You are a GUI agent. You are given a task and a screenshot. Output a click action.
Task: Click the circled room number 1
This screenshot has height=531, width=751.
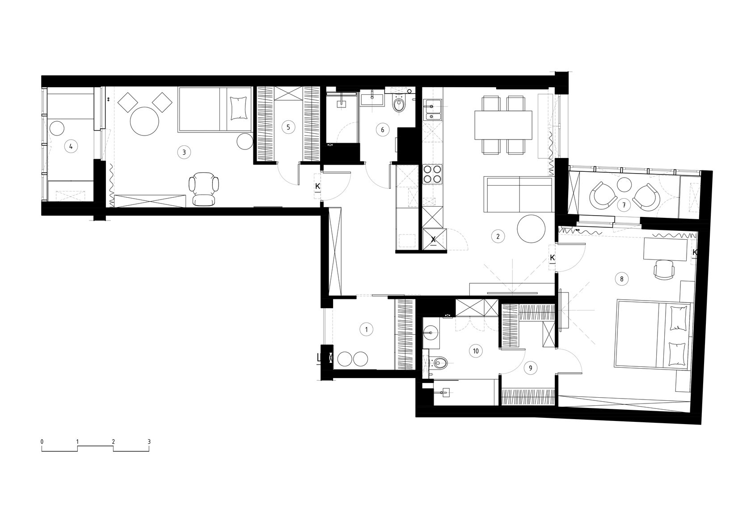366,329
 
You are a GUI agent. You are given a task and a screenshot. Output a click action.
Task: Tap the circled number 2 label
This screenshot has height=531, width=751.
498,237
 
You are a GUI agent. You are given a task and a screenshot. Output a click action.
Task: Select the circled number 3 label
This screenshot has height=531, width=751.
184,152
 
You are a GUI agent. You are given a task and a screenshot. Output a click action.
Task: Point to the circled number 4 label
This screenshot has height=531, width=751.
71,146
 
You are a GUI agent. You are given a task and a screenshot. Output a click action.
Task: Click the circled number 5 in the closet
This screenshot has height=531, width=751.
288,127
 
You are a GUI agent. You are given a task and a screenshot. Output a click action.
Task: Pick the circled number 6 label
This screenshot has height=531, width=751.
383,130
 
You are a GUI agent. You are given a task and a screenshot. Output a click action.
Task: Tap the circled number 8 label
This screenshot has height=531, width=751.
621,279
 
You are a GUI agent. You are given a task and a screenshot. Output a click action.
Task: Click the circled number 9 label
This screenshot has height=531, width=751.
530,368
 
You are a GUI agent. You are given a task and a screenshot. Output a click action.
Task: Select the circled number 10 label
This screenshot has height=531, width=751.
476,351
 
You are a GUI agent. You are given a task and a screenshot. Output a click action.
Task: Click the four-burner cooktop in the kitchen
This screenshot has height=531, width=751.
433,174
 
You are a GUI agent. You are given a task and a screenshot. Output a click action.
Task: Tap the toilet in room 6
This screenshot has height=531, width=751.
399,104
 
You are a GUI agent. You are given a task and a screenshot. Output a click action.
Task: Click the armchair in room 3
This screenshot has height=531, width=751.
204,188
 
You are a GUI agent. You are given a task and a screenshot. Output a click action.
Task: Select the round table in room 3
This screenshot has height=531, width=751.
144,121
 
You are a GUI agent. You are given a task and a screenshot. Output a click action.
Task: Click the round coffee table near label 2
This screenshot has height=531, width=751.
531,229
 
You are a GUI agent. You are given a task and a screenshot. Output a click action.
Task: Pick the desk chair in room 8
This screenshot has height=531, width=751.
664,270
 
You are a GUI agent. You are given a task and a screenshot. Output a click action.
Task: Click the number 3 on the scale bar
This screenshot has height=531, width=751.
149,442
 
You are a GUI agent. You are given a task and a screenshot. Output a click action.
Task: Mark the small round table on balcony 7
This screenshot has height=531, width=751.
624,184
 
